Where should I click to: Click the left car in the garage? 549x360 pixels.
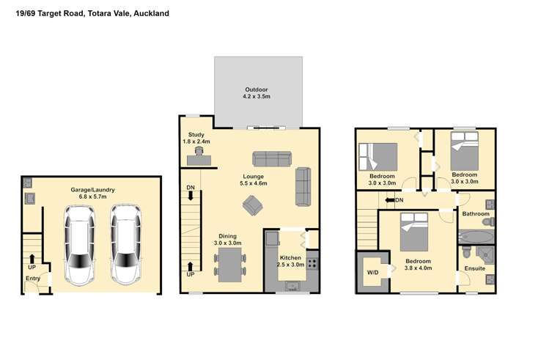point(80,244)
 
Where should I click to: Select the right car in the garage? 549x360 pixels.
point(125,244)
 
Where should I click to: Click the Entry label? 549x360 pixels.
point(33,279)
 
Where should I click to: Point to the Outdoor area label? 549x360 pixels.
point(257,92)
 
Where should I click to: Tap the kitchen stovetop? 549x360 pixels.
point(312,260)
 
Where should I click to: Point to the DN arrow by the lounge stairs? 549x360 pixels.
point(191,193)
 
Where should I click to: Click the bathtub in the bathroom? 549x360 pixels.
point(476,237)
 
